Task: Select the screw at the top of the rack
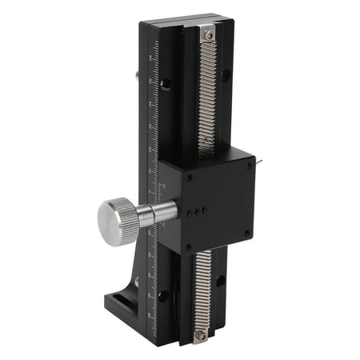(208, 33)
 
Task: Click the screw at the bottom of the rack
(200, 337)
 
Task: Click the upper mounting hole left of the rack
(166, 83)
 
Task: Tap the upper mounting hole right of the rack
(226, 74)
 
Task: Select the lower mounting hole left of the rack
(163, 295)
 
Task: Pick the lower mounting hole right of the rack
(220, 281)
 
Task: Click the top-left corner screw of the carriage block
(190, 178)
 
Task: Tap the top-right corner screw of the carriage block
(249, 165)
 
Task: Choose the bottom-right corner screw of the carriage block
(247, 233)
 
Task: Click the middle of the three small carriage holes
(198, 211)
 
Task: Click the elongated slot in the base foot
(124, 302)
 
